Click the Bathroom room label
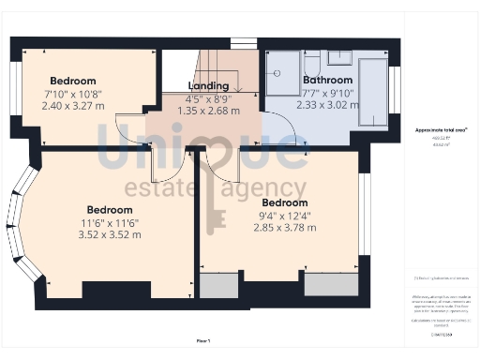[x=327, y=81]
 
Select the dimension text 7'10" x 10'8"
[x=74, y=94]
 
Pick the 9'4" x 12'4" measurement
[x=285, y=216]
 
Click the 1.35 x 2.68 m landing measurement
[x=208, y=110]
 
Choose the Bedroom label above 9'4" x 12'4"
[x=285, y=202]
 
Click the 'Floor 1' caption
[x=203, y=341]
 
